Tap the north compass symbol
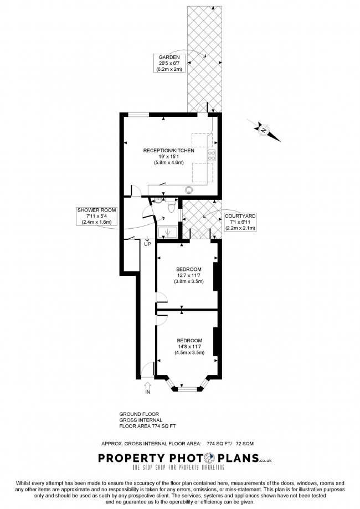pos(263,130)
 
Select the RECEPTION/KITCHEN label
pos(168,150)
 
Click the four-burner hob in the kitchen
pos(211,156)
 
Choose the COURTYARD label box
pos(239,222)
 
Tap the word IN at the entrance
pos(147,392)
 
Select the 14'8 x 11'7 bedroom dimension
pos(189,346)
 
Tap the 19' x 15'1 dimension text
pos(168,157)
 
